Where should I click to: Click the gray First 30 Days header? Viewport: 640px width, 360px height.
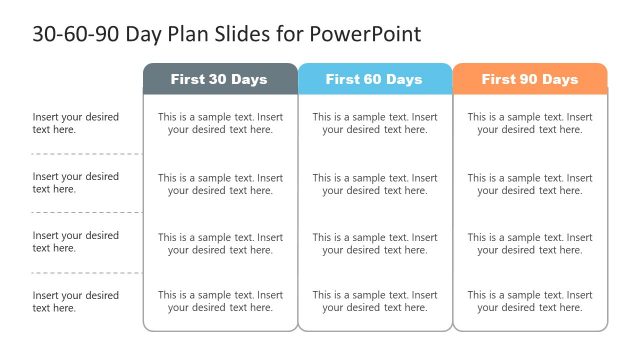(220, 79)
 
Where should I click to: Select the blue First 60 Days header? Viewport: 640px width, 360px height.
(374, 79)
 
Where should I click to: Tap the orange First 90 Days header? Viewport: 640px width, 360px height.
(530, 79)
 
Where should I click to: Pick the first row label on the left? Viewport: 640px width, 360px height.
(76, 123)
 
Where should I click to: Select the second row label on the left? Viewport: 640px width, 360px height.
(76, 183)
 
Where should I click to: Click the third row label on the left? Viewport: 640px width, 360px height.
(76, 242)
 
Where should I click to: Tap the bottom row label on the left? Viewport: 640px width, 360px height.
(76, 302)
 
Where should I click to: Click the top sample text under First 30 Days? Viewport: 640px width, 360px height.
(220, 123)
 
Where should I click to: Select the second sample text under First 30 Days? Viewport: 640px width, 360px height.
(220, 184)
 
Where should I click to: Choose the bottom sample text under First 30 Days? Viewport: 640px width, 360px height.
(220, 301)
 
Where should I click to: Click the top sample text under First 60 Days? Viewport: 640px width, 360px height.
(375, 123)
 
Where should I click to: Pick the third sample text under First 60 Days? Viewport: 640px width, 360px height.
(375, 243)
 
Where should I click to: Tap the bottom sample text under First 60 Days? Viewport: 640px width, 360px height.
(375, 301)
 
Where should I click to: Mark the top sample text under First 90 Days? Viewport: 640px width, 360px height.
(530, 123)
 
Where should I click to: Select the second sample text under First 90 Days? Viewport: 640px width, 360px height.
(530, 184)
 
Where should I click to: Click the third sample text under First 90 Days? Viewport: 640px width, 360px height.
(530, 243)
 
